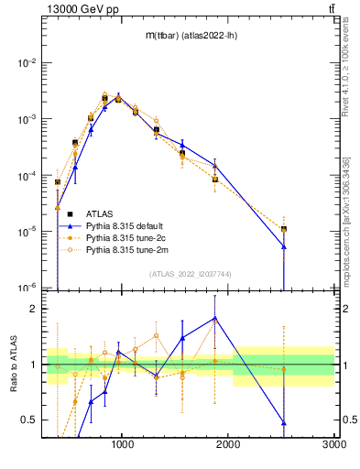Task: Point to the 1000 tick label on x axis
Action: [x=123, y=445]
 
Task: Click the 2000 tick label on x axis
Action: [x=228, y=445]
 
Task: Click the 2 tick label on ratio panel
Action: [x=35, y=309]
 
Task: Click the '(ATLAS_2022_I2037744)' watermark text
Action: [x=190, y=274]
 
